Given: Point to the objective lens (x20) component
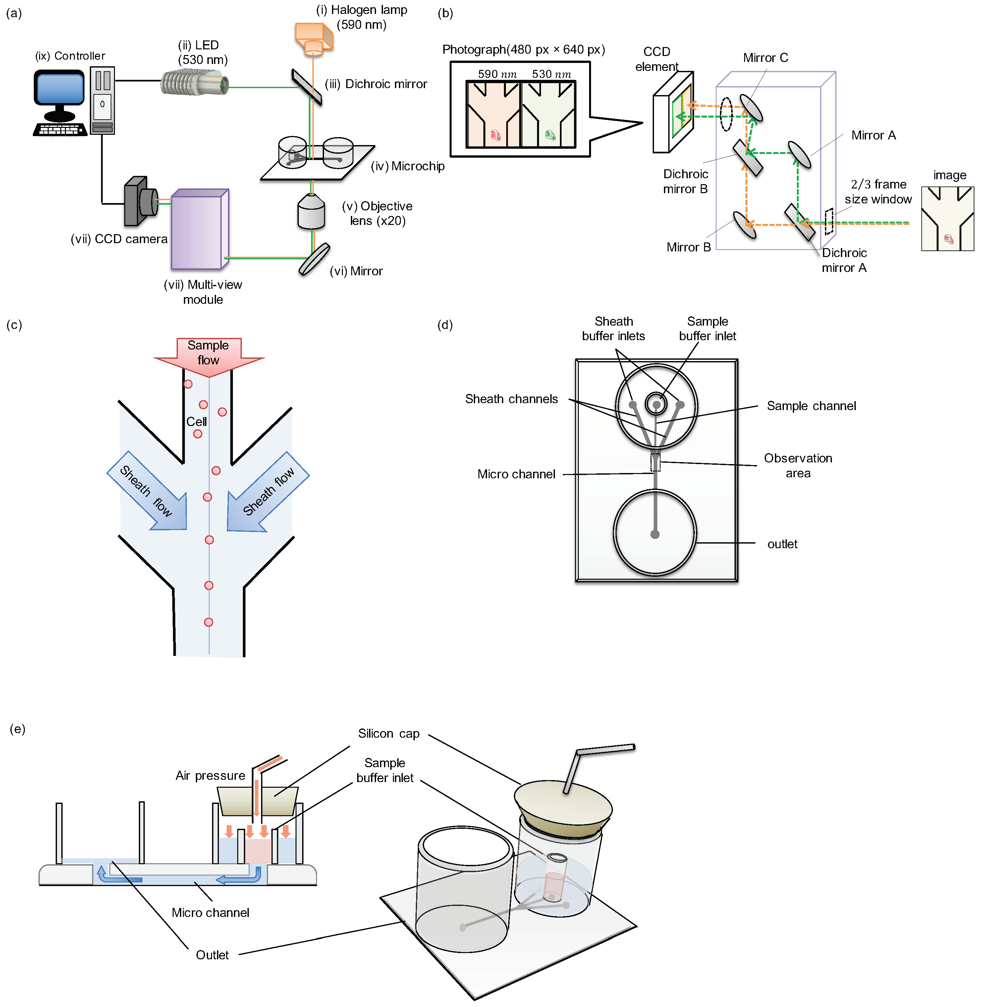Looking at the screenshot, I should [x=311, y=212].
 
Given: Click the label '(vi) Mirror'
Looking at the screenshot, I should [x=356, y=271].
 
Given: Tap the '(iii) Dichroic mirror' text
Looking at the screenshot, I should [x=376, y=84].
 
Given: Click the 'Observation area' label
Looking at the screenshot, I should [x=797, y=466].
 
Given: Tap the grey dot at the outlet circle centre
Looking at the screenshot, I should [x=655, y=535].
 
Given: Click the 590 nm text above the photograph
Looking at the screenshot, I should [x=497, y=74].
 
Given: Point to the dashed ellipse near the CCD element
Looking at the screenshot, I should [x=726, y=114].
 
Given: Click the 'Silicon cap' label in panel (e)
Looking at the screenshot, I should [x=389, y=733].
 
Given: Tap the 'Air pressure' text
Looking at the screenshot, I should [x=210, y=776].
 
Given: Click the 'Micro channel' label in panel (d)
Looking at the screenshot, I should [x=516, y=474].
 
